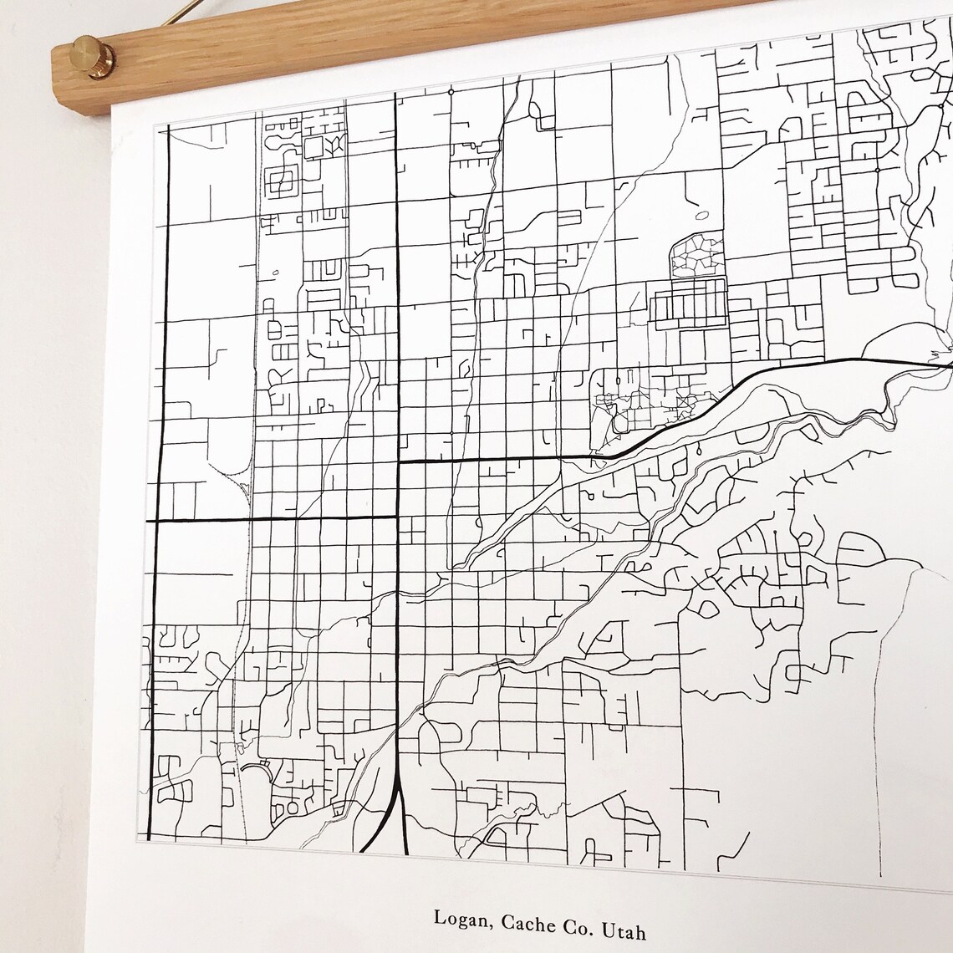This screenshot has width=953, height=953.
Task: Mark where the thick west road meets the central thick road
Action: tap(396, 517)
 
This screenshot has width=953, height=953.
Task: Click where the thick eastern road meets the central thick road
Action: tap(397, 461)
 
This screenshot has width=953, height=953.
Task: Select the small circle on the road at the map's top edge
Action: tap(451, 91)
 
